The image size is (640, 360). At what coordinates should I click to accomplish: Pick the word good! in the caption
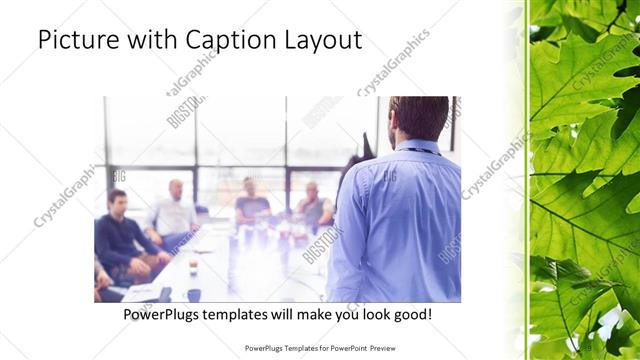[x=411, y=314]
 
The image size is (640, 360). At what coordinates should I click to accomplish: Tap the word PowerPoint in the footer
[x=341, y=349]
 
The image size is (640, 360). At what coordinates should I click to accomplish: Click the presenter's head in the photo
[x=418, y=118]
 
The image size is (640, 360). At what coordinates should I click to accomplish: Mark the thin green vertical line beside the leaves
[x=527, y=180]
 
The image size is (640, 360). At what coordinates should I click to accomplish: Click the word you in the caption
[x=345, y=314]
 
